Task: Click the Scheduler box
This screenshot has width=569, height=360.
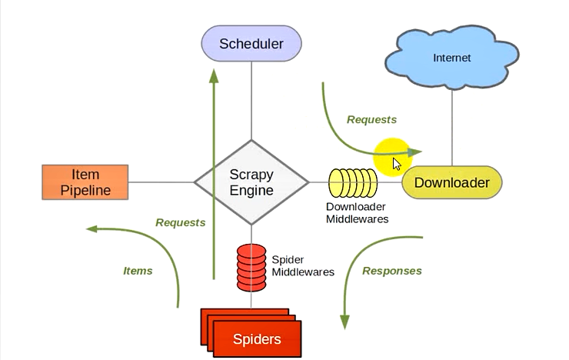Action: coord(251,44)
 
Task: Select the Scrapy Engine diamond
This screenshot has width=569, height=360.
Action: coord(251,182)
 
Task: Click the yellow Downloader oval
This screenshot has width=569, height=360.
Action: coord(451,183)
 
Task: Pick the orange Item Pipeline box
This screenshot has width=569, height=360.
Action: coord(85,182)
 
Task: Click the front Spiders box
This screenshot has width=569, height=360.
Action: coord(257,339)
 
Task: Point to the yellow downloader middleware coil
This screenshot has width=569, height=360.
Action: coord(353,183)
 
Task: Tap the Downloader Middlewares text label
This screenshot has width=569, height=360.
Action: coord(357,213)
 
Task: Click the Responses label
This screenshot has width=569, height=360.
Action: coord(392,271)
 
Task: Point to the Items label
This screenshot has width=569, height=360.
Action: coord(138,271)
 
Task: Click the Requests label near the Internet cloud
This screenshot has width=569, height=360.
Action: coord(371,120)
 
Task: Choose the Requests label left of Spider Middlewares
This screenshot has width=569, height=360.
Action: coord(180,223)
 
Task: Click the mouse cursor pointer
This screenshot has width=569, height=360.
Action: coord(397,164)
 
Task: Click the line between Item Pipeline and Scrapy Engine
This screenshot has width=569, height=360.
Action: coord(161,182)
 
